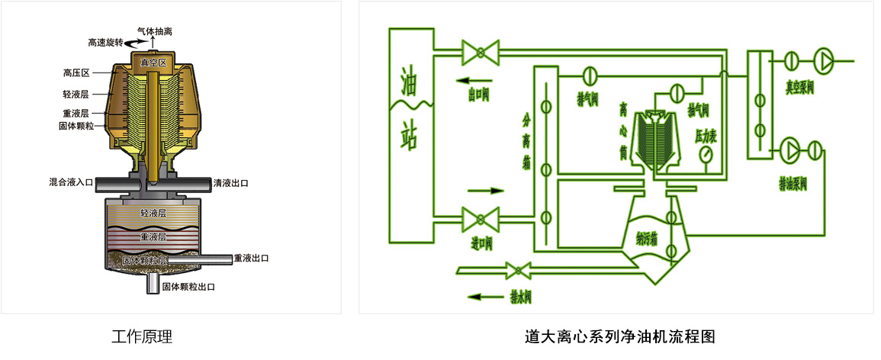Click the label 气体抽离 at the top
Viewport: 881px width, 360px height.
(x=154, y=32)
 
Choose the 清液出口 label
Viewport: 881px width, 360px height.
(x=231, y=183)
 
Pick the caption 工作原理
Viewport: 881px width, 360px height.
(x=142, y=336)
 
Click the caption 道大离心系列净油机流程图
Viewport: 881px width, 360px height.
(x=620, y=336)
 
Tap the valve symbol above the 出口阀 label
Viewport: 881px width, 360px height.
(x=480, y=53)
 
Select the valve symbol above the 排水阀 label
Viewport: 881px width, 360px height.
(x=519, y=268)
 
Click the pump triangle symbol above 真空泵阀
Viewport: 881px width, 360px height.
(x=825, y=59)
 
